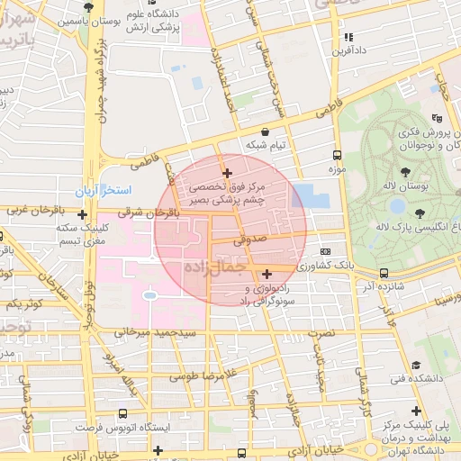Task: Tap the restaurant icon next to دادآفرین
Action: pyautogui.click(x=348, y=37)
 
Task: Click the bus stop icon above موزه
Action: pyautogui.click(x=337, y=155)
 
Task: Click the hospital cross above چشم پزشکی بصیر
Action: pyautogui.click(x=228, y=172)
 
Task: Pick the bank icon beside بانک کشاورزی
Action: pyautogui.click(x=325, y=252)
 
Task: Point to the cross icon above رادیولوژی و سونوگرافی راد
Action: pyautogui.click(x=267, y=274)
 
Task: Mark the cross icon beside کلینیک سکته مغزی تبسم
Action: pyautogui.click(x=83, y=215)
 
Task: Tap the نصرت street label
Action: pyautogui.click(x=321, y=333)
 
